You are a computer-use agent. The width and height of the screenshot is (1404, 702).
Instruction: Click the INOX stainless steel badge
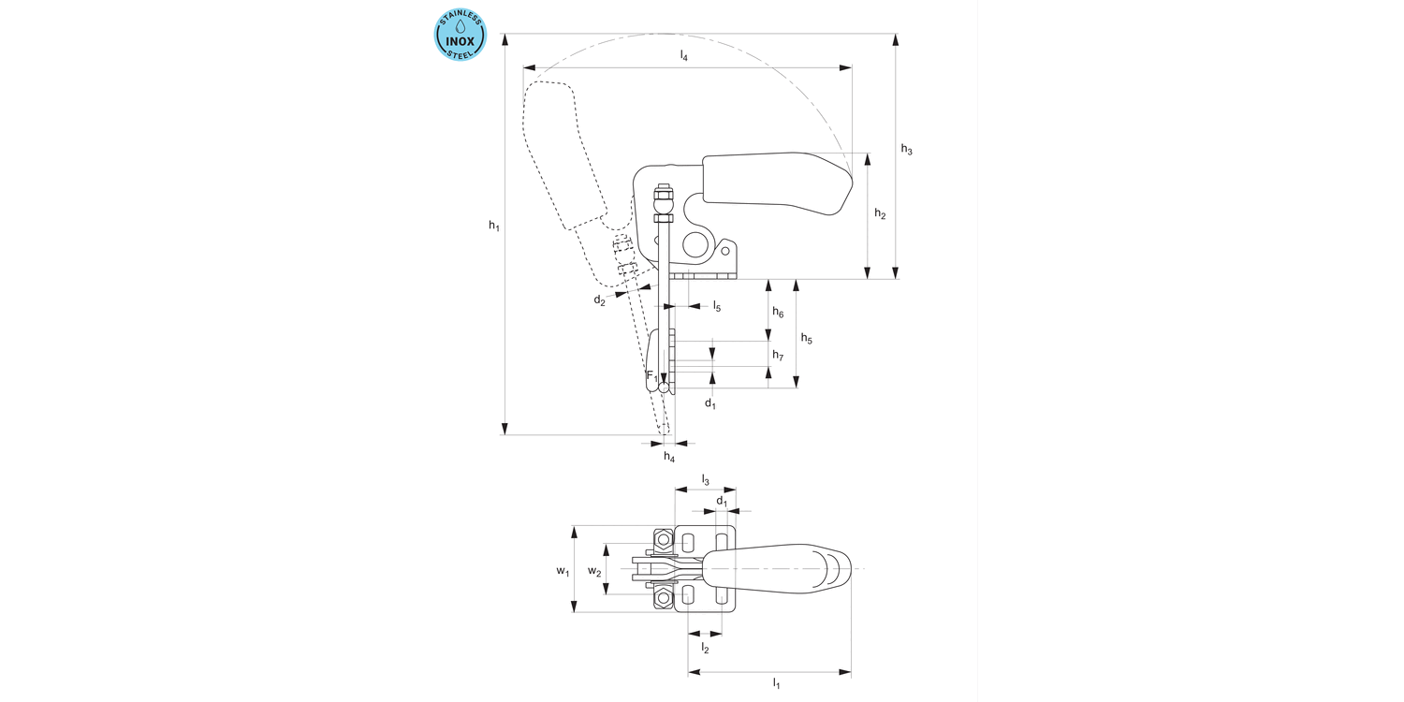click(x=461, y=36)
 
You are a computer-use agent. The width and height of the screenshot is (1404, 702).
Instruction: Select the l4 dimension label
click(x=684, y=56)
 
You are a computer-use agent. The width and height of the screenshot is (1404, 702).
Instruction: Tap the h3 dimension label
click(x=906, y=150)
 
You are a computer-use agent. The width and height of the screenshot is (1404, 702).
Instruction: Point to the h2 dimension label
click(x=880, y=214)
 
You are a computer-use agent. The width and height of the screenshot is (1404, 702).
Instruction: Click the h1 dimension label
click(x=494, y=226)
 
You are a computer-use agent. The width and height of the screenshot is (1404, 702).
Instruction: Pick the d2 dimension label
click(x=599, y=300)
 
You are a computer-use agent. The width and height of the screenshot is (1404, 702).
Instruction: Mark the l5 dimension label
click(x=716, y=306)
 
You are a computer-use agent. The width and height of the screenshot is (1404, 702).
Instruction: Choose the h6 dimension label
click(x=778, y=312)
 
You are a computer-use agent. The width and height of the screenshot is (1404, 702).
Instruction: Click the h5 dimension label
click(x=806, y=338)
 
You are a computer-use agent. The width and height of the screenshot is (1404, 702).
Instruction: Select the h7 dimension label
click(x=778, y=356)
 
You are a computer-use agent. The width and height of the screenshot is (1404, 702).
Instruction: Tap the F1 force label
click(x=651, y=375)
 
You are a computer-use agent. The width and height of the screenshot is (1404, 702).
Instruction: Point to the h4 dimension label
click(x=668, y=457)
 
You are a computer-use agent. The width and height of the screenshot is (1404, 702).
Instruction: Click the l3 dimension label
click(x=705, y=480)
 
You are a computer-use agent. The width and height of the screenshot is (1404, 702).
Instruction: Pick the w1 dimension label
click(x=562, y=571)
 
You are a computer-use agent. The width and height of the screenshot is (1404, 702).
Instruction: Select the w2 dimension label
click(x=593, y=571)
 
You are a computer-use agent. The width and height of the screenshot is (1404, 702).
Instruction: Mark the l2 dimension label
click(x=705, y=648)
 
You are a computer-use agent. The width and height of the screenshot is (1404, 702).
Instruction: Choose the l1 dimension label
click(x=776, y=684)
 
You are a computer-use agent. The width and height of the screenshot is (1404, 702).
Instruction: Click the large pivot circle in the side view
click(x=695, y=245)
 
